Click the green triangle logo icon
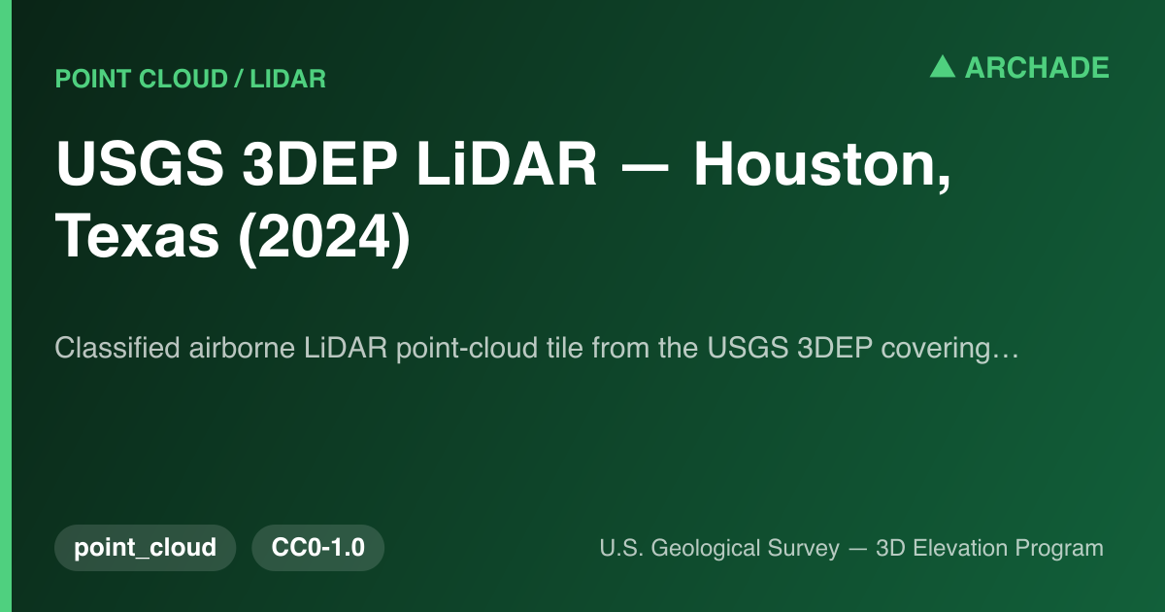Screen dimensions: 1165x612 [943, 67]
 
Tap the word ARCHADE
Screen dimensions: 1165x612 [1037, 68]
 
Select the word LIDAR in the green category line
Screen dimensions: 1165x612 [287, 79]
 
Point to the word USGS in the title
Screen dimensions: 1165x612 [140, 163]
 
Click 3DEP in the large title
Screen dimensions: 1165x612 [319, 163]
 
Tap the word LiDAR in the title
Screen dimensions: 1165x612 [507, 163]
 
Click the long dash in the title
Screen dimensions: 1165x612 [645, 166]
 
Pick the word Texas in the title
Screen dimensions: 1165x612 [137, 236]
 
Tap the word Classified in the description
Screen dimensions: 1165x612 [117, 347]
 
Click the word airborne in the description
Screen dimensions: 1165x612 [242, 347]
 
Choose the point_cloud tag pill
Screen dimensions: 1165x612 [145, 548]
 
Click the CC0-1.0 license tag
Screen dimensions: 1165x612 [317, 548]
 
